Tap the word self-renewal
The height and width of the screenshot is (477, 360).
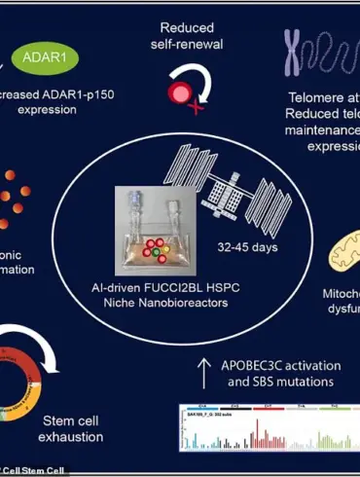(187, 44)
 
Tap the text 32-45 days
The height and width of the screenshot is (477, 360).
(255, 246)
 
